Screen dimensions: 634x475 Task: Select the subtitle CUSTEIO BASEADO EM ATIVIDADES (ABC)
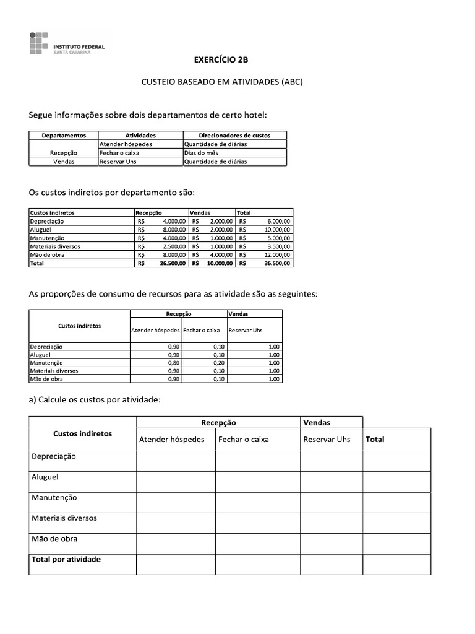223,82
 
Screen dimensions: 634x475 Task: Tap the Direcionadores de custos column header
234,135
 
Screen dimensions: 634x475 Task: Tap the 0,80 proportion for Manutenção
173,363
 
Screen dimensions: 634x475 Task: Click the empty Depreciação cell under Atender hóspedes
176,461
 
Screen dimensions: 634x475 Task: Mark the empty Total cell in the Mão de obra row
396,544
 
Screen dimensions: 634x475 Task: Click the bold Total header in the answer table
375,440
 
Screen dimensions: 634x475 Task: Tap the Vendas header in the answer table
317,422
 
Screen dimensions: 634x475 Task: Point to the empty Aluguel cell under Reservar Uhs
331,482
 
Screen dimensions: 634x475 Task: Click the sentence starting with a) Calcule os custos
95,400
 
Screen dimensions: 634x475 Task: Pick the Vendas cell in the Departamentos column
64,162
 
